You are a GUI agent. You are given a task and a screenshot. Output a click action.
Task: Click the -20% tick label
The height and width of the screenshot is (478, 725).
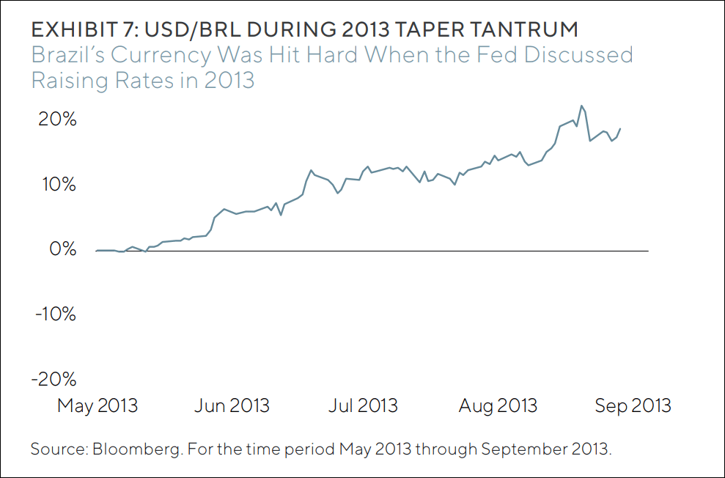(x=54, y=380)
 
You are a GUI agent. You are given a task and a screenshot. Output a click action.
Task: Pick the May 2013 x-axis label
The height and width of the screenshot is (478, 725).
(x=97, y=405)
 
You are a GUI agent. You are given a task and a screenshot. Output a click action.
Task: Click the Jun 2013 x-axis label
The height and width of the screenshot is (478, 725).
(x=232, y=405)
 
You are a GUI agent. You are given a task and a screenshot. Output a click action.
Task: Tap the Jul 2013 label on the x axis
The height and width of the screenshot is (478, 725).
(x=363, y=405)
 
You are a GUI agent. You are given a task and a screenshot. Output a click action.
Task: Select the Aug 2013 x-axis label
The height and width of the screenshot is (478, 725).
(x=498, y=405)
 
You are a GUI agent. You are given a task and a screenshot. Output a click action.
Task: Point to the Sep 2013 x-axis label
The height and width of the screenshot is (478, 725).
(x=633, y=405)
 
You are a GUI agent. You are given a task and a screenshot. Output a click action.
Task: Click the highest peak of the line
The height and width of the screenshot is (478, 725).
(x=581, y=106)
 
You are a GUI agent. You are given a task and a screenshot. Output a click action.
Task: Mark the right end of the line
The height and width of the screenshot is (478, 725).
(x=620, y=129)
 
